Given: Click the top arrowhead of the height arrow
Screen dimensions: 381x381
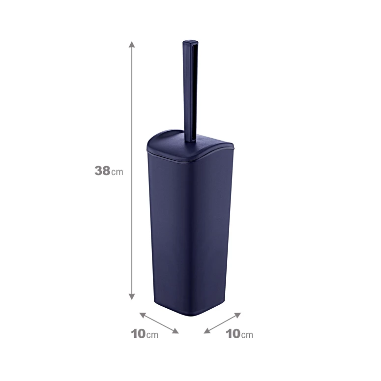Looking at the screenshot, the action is (132, 44).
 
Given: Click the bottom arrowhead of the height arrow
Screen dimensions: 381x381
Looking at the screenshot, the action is (132, 296).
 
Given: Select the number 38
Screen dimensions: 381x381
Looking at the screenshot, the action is (102, 171).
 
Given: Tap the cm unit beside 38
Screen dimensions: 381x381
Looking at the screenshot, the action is (117, 172).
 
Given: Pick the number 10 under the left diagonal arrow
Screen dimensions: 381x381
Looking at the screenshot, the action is (138, 334).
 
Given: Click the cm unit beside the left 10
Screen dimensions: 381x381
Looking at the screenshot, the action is (152, 335).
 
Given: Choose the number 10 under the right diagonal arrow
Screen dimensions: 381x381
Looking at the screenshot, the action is (233, 334).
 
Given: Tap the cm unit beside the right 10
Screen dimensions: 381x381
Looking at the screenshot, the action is (247, 335).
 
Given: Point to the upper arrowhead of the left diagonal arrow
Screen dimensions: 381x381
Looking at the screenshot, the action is (142, 315).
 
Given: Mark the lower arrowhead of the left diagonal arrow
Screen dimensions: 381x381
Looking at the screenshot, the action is (176, 331).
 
